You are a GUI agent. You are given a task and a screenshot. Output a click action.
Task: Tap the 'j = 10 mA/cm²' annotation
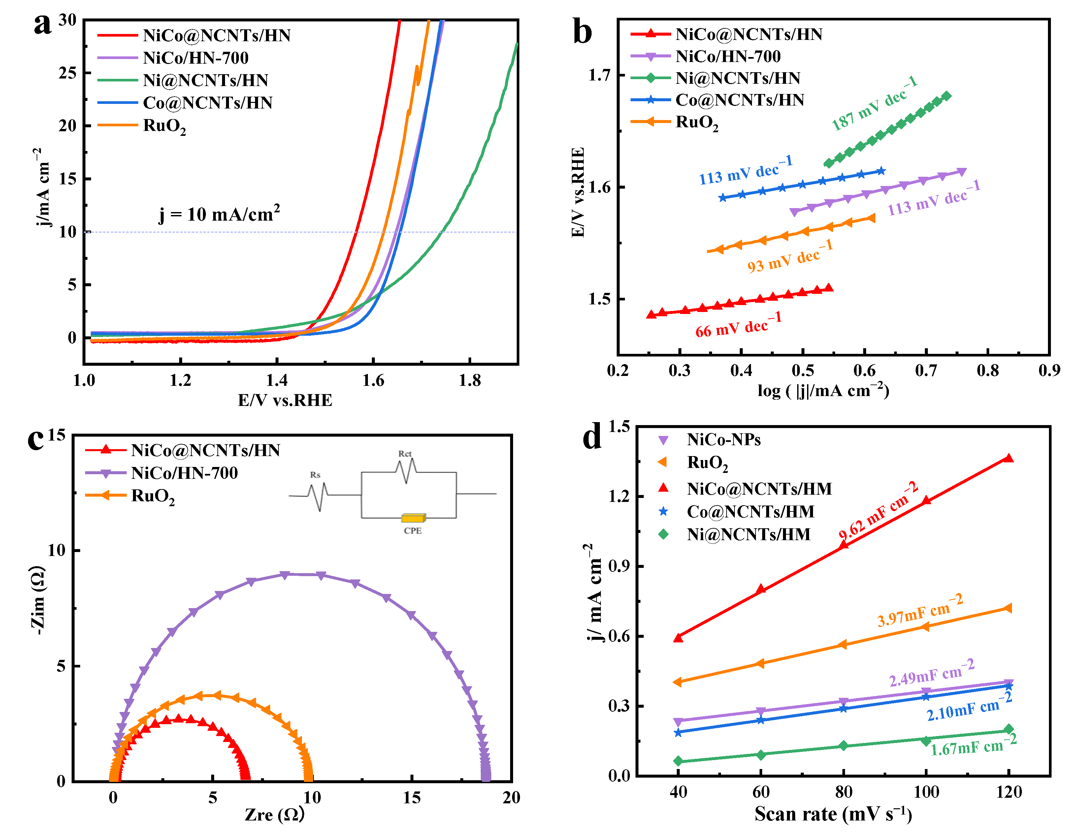(x=219, y=214)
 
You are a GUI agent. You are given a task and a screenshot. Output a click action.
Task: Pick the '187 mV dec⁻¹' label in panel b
(x=874, y=103)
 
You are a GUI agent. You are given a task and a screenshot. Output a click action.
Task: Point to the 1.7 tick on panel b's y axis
(x=599, y=75)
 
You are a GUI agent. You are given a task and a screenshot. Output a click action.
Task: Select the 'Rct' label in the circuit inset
(x=405, y=454)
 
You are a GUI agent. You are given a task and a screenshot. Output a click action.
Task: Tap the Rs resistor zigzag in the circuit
(x=318, y=496)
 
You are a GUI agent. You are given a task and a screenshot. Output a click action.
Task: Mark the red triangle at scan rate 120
(x=1009, y=458)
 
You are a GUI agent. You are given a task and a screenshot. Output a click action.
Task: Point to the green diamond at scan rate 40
(x=678, y=761)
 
